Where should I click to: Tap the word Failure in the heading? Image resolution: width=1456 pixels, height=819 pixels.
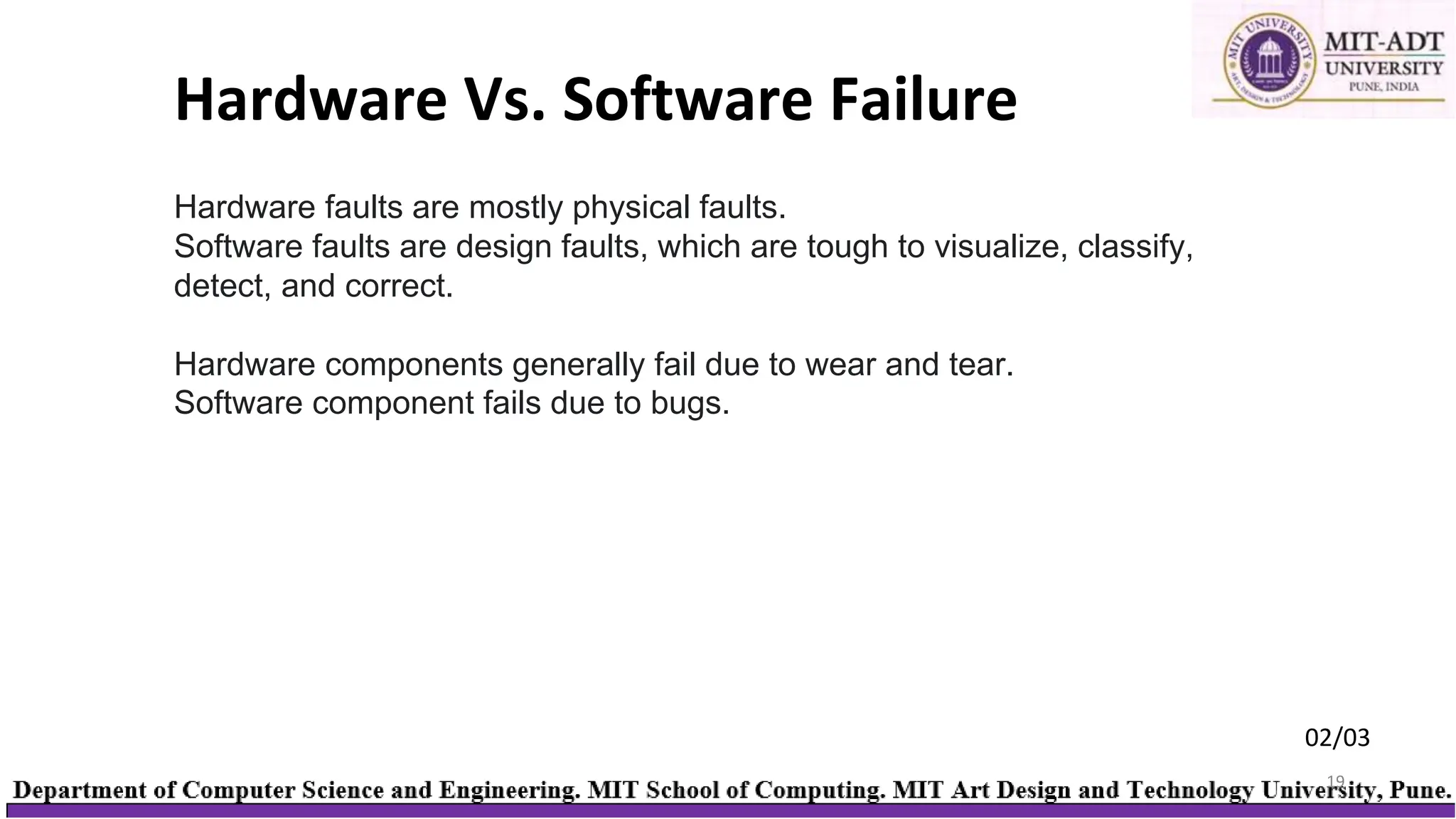(x=924, y=100)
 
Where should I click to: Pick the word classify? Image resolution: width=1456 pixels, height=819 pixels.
(x=1135, y=247)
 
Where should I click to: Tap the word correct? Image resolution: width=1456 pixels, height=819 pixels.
(x=399, y=286)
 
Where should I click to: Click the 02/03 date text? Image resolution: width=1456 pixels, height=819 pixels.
(x=1337, y=738)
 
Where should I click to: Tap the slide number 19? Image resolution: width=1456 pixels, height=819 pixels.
(x=1335, y=781)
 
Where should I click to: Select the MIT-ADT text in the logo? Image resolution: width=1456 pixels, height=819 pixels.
(x=1383, y=42)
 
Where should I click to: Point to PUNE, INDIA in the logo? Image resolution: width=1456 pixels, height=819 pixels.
(x=1383, y=87)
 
